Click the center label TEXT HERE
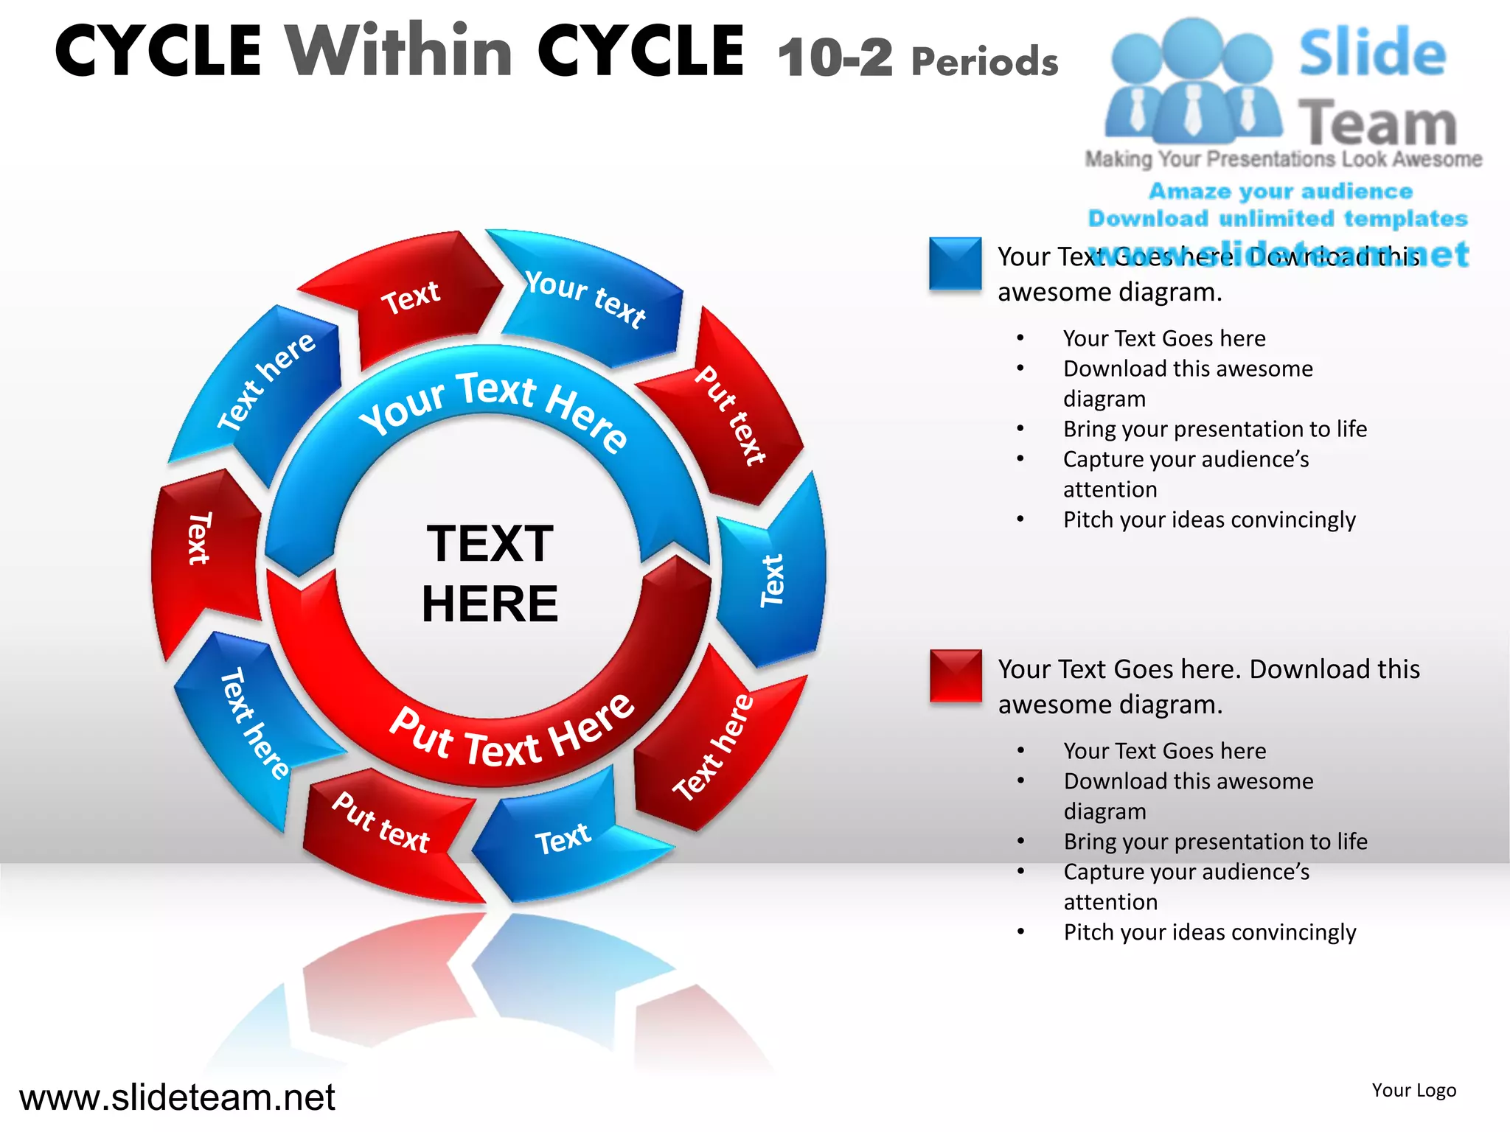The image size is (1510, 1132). pyautogui.click(x=490, y=573)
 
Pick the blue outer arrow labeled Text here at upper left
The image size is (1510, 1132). pyautogui.click(x=265, y=383)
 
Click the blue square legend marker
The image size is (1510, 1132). pyautogui.click(x=955, y=263)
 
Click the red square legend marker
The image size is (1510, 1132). pyautogui.click(x=955, y=675)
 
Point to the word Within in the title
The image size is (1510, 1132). pyautogui.click(x=399, y=52)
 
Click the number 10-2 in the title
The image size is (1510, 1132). pyautogui.click(x=835, y=57)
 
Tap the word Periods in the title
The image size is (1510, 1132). pyautogui.click(x=984, y=62)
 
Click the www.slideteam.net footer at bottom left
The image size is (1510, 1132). pyautogui.click(x=177, y=1097)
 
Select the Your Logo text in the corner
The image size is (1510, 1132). pyautogui.click(x=1413, y=1090)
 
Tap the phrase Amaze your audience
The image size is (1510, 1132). pyautogui.click(x=1280, y=192)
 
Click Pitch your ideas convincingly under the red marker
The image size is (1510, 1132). pyautogui.click(x=1209, y=932)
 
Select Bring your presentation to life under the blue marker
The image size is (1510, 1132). pyautogui.click(x=1214, y=429)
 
